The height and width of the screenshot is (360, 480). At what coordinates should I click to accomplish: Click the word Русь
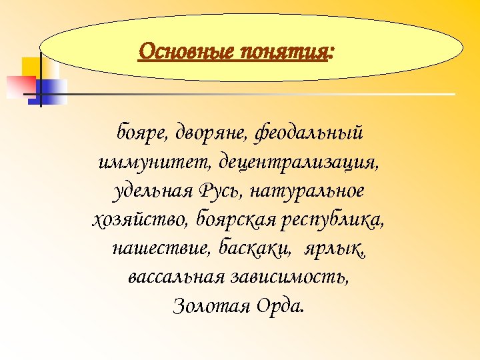(x=224, y=191)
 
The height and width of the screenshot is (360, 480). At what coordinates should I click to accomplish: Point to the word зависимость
(x=291, y=277)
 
